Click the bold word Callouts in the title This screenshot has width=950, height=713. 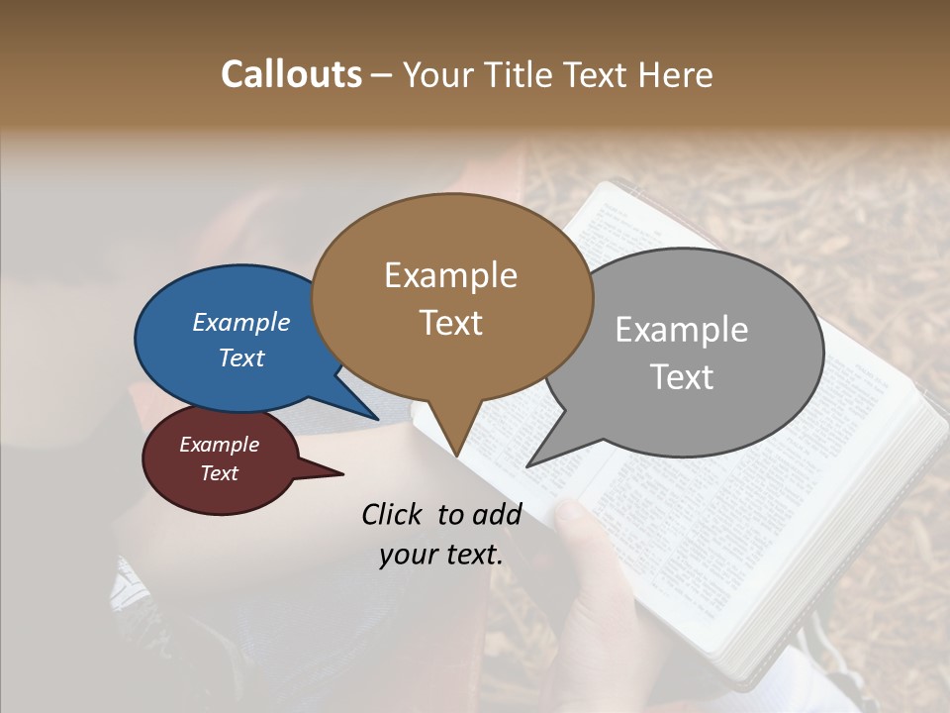click(x=291, y=74)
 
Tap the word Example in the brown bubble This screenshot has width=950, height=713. click(x=450, y=275)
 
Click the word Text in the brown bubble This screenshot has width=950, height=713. click(x=450, y=323)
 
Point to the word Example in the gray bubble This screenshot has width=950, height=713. click(x=682, y=330)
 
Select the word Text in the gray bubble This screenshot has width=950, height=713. click(x=682, y=377)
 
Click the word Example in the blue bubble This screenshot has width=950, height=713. click(x=240, y=322)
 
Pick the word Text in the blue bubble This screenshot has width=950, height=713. click(x=240, y=357)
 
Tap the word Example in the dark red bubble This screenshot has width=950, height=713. click(x=219, y=445)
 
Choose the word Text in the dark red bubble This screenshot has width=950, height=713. click(x=219, y=473)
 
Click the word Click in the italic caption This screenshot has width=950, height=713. click(x=394, y=514)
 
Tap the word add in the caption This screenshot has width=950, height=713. click(x=497, y=514)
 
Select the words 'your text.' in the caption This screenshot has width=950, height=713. click(x=441, y=555)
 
